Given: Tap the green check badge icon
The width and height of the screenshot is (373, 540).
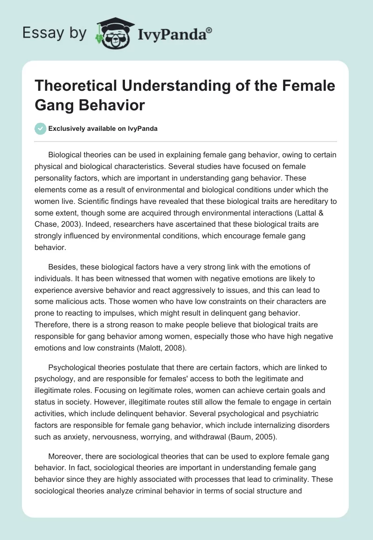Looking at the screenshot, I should (x=41, y=128).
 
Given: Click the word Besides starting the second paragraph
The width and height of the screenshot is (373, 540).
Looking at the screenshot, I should (x=62, y=267).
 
